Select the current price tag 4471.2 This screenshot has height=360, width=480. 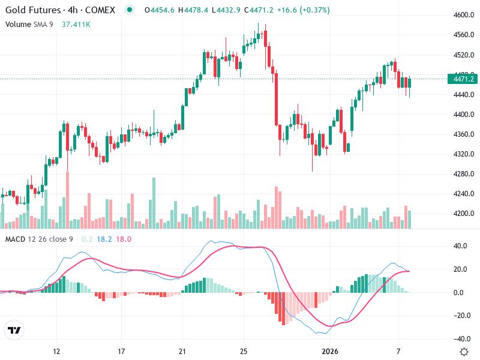pos(463,79)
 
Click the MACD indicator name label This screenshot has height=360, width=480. pos(17,239)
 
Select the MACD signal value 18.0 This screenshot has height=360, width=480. pos(123,239)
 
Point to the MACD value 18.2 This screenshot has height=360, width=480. pos(104,239)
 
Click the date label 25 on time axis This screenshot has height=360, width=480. pos(243,351)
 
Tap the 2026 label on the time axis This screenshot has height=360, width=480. pos(330,351)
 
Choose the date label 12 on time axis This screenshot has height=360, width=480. pos(58,351)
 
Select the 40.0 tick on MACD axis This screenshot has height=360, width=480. pos(460,246)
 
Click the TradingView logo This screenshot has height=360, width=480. pos(14,330)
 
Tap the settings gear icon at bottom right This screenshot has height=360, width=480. pos(464,352)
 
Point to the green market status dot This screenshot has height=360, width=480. pos(129,11)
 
